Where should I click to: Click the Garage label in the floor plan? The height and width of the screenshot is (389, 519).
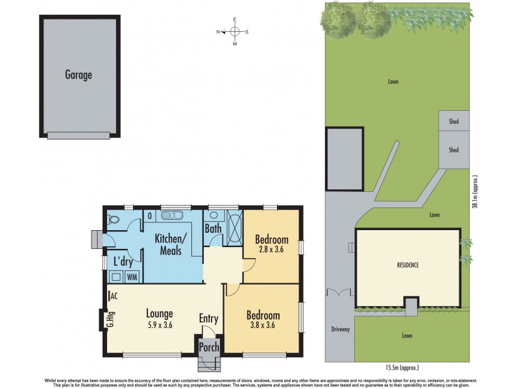tap(78, 75)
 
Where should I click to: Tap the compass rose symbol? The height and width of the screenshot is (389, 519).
tap(235, 31)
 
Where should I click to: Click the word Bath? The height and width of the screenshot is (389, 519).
tap(213, 228)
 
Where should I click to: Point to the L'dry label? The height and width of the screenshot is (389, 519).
tap(123, 262)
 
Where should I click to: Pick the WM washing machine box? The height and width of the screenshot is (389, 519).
tap(132, 277)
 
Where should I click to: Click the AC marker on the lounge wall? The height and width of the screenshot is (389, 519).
tap(114, 296)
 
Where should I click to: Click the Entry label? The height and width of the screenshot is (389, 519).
tap(209, 318)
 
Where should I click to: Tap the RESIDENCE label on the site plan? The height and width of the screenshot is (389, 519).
tap(408, 265)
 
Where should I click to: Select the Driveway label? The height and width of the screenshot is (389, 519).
tap(341, 329)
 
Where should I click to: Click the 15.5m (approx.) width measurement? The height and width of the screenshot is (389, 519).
tap(397, 368)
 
